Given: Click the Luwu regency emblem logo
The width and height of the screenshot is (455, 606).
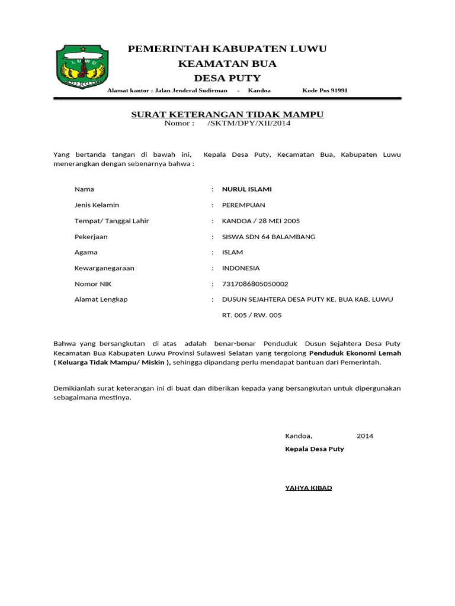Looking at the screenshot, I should coord(82,67).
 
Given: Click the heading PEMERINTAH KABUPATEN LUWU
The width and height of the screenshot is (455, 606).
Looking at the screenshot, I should coord(227,49).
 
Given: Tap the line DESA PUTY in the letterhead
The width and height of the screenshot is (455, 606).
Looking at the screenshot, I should coord(227,79).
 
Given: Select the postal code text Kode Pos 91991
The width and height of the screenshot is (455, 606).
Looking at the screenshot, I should coord(325,91).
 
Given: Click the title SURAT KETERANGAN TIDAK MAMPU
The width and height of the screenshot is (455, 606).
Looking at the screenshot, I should coord(227,114).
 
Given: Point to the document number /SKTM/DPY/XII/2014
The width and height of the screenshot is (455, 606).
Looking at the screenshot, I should coord(249,123).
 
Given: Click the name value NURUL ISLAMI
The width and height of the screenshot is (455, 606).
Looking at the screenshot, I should coord(246,189).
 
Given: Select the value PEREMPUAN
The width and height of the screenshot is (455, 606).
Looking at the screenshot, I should coord(243,205).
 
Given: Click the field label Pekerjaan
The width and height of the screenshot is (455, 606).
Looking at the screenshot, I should coord(91,237).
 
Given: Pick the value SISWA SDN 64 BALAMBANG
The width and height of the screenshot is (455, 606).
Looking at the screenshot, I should coord(268,237).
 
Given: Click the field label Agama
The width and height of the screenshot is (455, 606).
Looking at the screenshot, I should coord(86,252).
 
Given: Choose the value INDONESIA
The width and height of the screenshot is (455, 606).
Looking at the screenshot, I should coord(241,268).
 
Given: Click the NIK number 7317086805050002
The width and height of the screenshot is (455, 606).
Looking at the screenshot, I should coord(255,284).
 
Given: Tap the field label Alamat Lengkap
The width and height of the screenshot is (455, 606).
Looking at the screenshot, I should coord(101,299).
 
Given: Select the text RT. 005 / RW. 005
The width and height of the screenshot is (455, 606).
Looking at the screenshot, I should coord(252,315).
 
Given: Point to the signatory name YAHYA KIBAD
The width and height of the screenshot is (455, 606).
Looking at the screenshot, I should coord(308,488).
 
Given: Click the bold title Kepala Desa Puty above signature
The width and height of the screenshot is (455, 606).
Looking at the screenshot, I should coord(314,449).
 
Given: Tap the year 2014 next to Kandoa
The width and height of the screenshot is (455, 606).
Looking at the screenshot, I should coord(365,436).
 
